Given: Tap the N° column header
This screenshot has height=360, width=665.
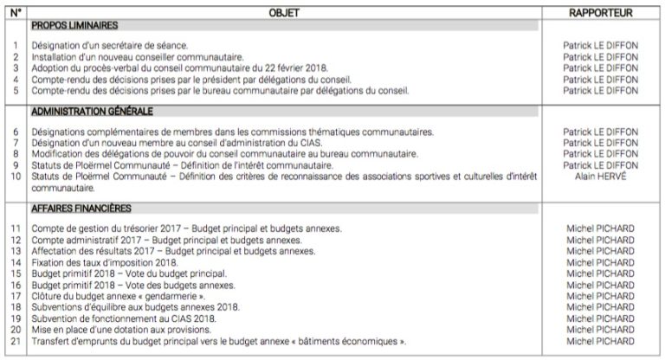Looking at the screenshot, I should pos(15,14).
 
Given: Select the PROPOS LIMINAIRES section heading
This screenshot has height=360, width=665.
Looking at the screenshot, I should pos(74,27).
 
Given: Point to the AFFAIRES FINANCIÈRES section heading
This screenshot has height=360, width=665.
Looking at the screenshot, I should pos(81,209).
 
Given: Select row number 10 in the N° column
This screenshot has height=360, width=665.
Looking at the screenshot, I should pos(15,176).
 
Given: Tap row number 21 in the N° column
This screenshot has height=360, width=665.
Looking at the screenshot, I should pos(15,342).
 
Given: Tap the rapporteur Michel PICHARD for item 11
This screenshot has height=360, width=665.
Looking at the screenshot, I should pos(600,228).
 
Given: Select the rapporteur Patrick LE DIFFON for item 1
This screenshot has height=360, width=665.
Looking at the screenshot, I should pos(600,46).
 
